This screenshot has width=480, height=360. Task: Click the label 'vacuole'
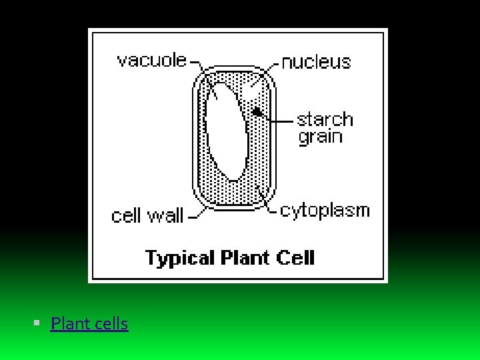point(151,60)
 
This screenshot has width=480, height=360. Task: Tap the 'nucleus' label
point(316,62)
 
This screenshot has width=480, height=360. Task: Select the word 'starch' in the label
point(325,120)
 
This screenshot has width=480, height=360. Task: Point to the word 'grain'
point(320,137)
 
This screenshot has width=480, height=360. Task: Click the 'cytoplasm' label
point(325,211)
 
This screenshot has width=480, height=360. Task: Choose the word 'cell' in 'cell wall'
point(125,216)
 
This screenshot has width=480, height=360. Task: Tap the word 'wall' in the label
point(165,216)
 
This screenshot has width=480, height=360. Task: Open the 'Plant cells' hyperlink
point(89,324)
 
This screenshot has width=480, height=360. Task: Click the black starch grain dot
point(256,111)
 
